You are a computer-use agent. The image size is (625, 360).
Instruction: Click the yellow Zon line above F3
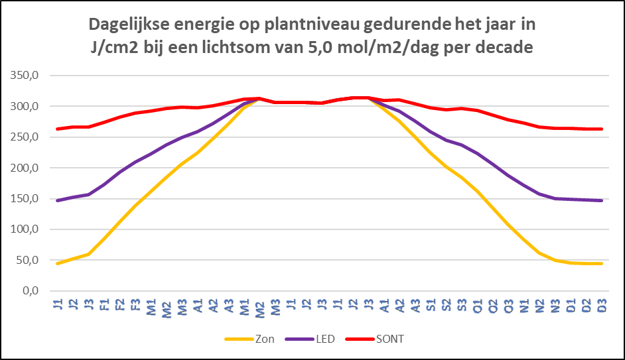coord(135,206)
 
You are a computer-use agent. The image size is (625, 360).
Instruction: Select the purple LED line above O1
coord(477,153)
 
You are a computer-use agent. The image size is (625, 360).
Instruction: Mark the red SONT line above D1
coord(571,128)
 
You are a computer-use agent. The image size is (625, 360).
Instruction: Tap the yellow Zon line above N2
coord(539,253)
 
